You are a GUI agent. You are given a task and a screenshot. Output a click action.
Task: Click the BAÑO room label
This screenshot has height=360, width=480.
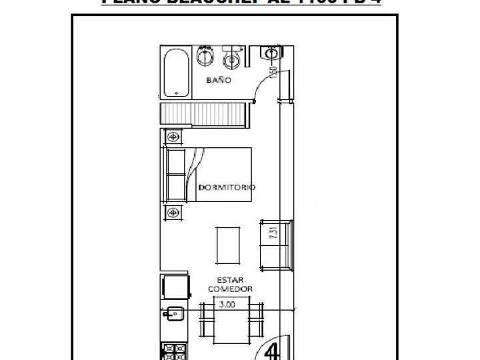(x=218, y=80)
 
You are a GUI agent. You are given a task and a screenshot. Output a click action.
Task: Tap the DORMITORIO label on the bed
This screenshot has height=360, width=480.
(x=227, y=188)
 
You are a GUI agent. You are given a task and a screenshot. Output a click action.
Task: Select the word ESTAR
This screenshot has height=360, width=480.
(x=230, y=280)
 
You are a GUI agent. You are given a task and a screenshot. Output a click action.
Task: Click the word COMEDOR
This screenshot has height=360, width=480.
(x=230, y=289)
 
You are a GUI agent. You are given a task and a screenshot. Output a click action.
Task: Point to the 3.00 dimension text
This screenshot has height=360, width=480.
(x=227, y=304)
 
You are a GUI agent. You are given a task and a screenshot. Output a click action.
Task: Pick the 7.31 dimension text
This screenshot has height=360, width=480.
(x=272, y=233)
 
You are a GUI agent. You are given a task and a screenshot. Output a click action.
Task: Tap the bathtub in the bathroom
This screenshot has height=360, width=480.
(x=176, y=72)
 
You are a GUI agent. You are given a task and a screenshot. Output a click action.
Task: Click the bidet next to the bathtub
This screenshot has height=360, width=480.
(x=205, y=56)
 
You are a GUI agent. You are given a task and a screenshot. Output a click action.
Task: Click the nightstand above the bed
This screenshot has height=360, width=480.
(x=173, y=137)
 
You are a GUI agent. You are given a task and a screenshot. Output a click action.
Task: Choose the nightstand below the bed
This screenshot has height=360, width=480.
(x=173, y=213)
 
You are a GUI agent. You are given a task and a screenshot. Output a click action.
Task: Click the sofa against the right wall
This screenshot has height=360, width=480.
(x=275, y=244)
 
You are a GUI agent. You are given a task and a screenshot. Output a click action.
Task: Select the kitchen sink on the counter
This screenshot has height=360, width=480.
(x=173, y=312)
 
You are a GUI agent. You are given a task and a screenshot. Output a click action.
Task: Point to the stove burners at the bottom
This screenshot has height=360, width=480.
(x=175, y=351)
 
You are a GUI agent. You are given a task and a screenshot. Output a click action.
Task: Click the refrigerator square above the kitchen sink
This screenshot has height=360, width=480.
(x=175, y=287)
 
